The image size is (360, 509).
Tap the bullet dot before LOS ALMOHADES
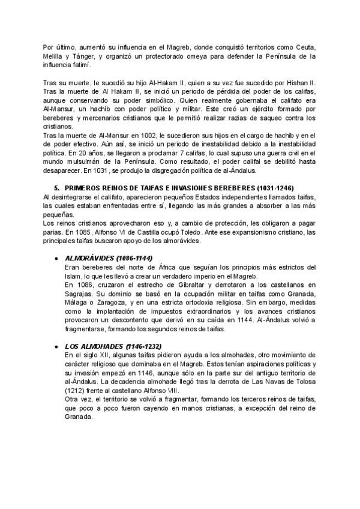coord(55,347)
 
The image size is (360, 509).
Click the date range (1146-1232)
coord(139,347)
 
